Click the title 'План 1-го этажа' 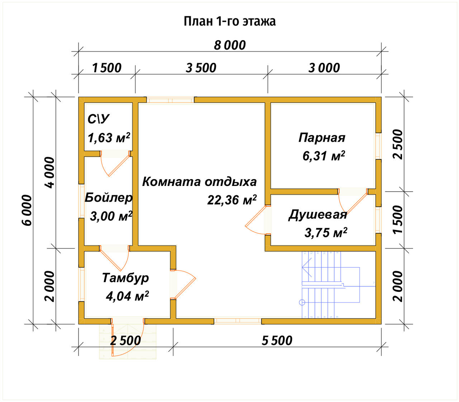[229, 22]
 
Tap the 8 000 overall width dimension [230, 46]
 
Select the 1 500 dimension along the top [107, 68]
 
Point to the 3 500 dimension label [201, 68]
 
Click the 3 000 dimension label [324, 68]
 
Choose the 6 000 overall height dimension [27, 210]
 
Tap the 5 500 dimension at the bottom [277, 340]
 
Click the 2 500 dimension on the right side [398, 144]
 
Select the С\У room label [99, 119]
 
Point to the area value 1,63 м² [109, 137]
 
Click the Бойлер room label [108, 198]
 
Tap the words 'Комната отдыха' [199, 182]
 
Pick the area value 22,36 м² [232, 200]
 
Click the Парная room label [322, 137]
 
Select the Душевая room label [318, 215]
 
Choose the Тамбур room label [125, 278]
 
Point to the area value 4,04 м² [127, 296]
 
